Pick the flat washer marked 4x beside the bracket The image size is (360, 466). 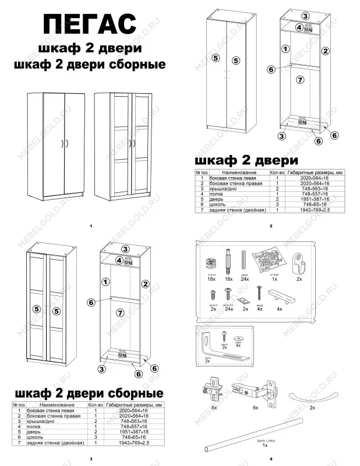(x=238, y=338)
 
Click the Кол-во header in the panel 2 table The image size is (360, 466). (x=277, y=173)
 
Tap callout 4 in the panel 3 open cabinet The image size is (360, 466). (x=118, y=260)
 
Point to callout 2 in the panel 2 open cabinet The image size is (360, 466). (x=326, y=51)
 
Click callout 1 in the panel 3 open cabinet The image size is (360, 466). (x=105, y=281)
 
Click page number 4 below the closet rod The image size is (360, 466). (x=271, y=459)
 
